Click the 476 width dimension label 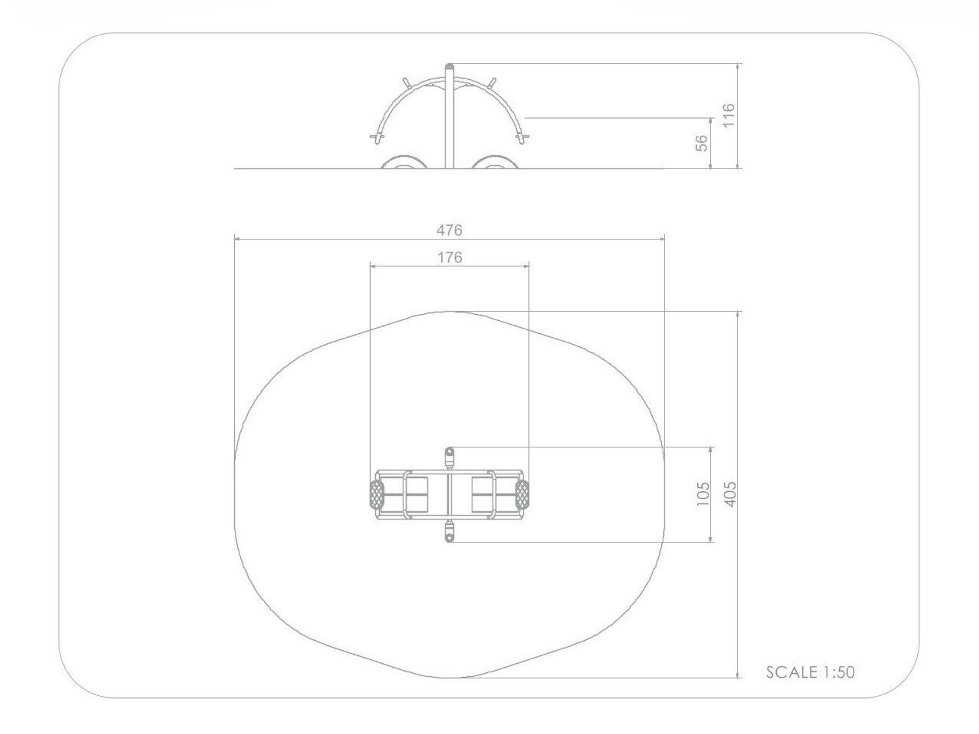click(449, 230)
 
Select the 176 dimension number click(449, 257)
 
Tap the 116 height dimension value click(728, 116)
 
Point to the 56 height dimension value click(701, 143)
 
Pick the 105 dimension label click(703, 494)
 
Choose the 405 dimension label click(730, 494)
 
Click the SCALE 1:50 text click(810, 672)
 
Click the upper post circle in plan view click(449, 451)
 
